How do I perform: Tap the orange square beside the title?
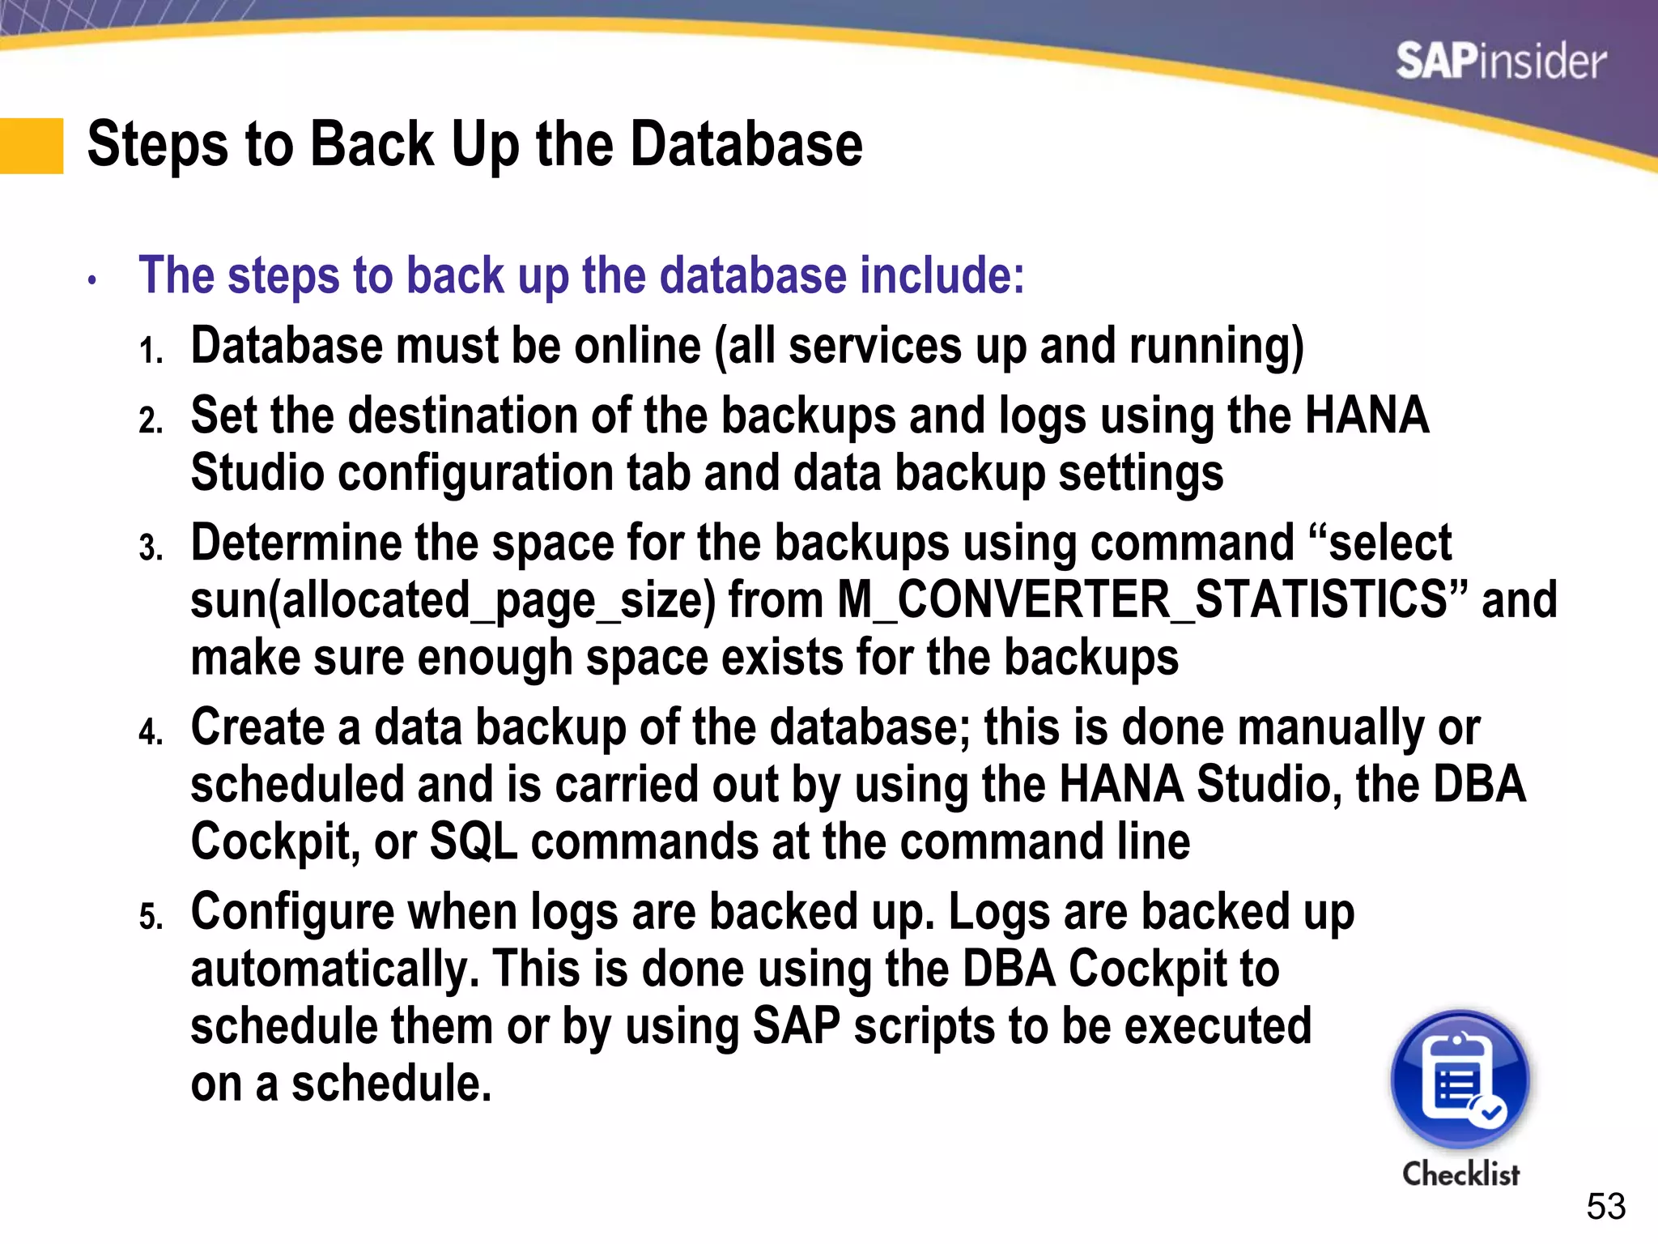pos(32,146)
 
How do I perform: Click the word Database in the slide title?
pos(746,144)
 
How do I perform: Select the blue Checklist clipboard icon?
pos(1460,1079)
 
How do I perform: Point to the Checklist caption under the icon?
pos(1460,1174)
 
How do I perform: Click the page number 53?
pos(1605,1207)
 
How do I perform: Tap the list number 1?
pos(151,351)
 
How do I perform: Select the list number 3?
pos(151,548)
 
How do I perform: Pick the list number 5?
pos(151,918)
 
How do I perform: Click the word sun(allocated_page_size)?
pos(453,602)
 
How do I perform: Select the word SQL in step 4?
pos(473,841)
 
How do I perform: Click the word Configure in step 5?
pos(292,912)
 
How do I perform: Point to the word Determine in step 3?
pos(296,543)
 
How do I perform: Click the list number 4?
pos(151,733)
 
